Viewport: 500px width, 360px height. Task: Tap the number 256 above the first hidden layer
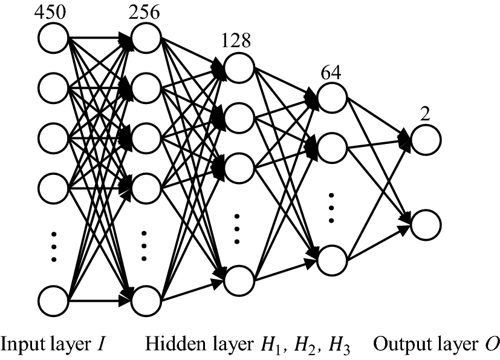[x=144, y=12]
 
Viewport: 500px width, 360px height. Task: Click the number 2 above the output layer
[x=425, y=114]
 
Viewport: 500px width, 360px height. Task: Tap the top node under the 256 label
[x=146, y=38]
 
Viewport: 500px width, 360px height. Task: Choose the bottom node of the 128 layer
[x=239, y=280]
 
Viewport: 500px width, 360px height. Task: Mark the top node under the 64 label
[x=332, y=96]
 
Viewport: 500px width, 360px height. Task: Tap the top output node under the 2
[x=426, y=140]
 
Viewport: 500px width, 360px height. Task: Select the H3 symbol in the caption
[x=337, y=344]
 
